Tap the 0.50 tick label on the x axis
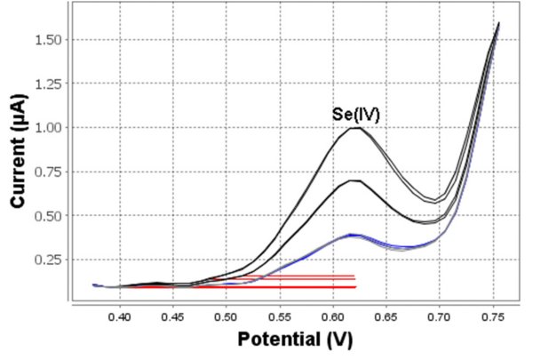(x=226, y=315)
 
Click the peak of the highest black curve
(x=356, y=128)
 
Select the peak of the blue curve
(x=354, y=235)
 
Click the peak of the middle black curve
(x=354, y=180)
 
